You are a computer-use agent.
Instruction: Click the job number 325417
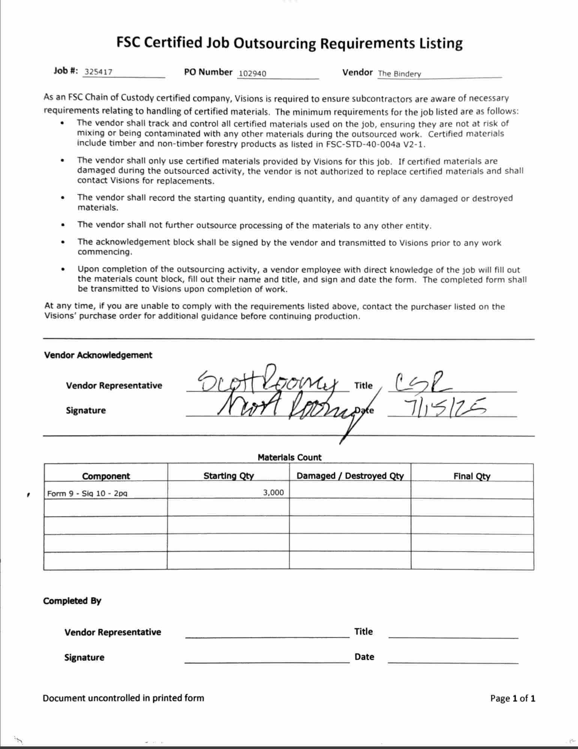point(98,72)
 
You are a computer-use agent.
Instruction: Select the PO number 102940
point(252,73)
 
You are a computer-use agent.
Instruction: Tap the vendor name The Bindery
point(399,74)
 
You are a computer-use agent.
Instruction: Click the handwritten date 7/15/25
point(444,408)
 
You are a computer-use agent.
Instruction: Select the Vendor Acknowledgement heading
point(98,355)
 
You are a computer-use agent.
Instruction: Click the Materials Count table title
point(289,457)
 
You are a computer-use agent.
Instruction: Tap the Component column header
point(106,476)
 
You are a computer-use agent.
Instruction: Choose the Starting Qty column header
point(228,476)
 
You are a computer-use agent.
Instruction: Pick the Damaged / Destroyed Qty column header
point(350,476)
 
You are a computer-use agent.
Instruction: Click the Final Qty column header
point(472,476)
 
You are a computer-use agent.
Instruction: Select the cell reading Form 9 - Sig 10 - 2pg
point(87,493)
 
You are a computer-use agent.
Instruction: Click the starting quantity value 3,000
point(273,492)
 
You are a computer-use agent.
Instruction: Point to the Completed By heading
point(72,601)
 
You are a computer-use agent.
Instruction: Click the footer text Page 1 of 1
point(513,698)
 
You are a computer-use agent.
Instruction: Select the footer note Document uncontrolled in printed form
point(123,698)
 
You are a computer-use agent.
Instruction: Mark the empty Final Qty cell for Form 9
point(472,490)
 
